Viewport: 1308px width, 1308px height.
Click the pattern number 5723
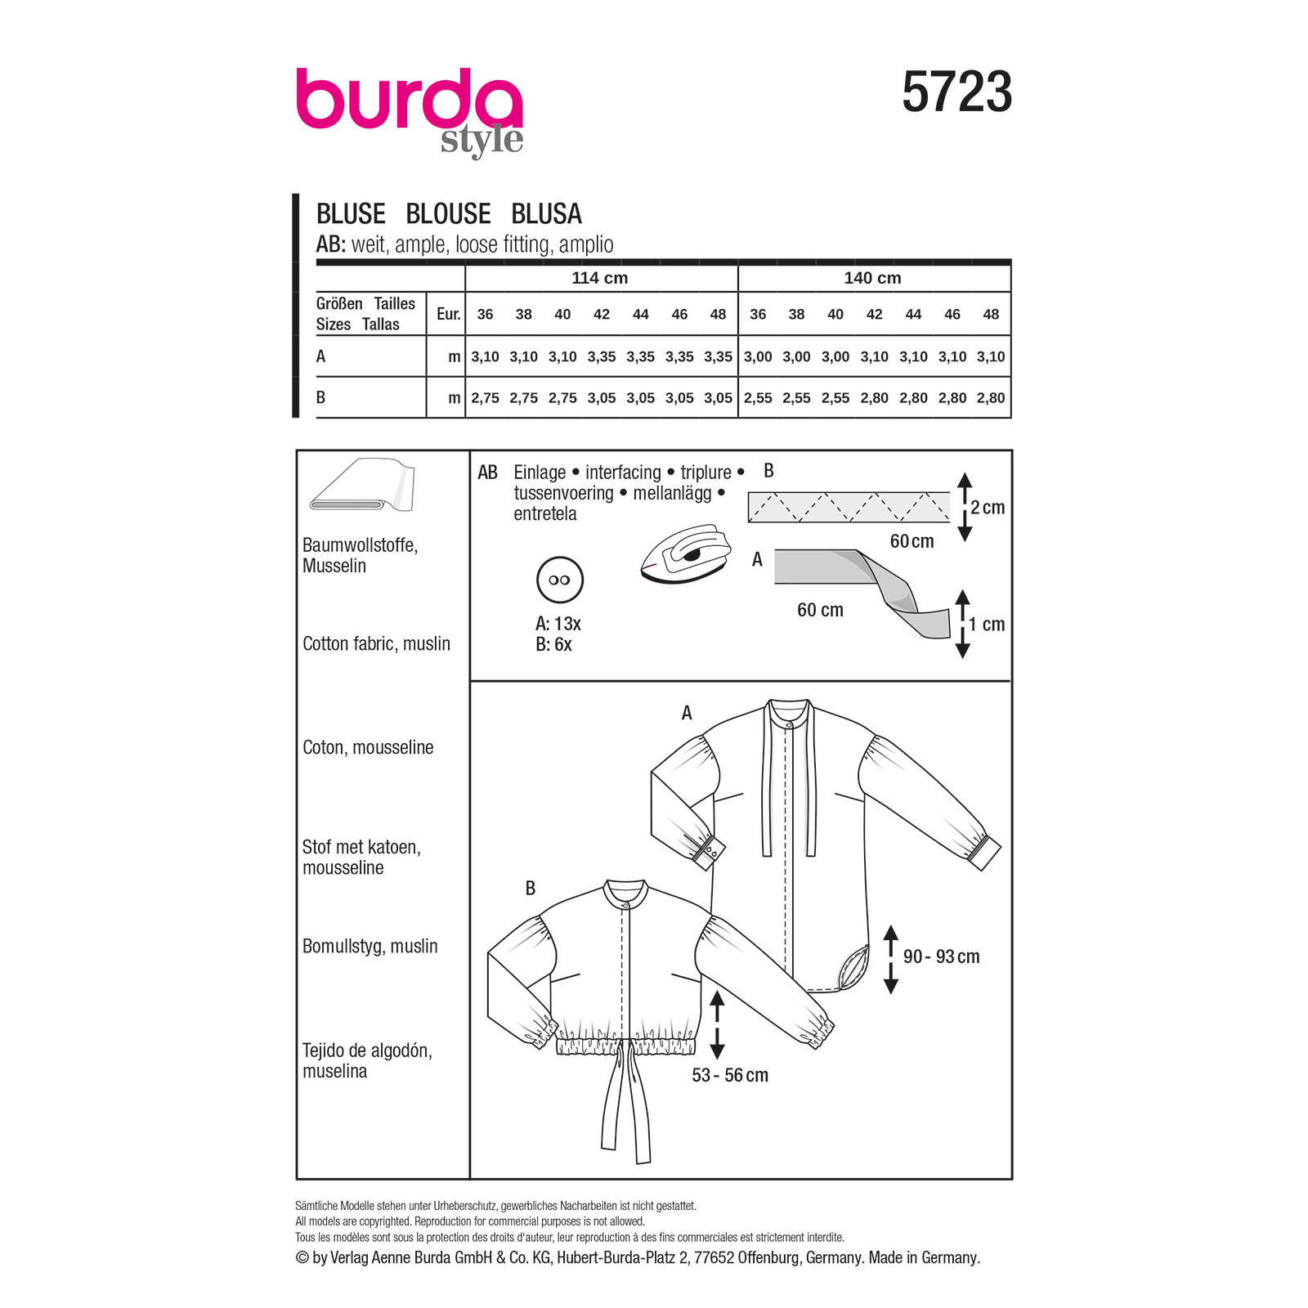point(956,92)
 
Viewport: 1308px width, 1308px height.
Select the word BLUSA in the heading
point(546,214)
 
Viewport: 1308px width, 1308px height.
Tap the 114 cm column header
point(599,278)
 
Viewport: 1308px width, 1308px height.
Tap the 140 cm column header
point(872,278)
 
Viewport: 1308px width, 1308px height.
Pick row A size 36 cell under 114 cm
point(485,356)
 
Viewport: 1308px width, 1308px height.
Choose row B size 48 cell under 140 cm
point(990,398)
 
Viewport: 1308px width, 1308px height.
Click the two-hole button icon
point(560,580)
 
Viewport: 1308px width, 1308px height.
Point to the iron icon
point(685,555)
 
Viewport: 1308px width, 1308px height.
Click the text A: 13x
point(558,624)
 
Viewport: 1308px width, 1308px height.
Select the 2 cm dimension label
point(988,508)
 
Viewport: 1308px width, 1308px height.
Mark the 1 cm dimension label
point(987,625)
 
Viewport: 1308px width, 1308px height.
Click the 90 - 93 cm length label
point(941,956)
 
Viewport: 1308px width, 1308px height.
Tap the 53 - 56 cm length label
point(730,1075)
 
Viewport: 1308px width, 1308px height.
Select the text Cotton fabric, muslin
point(376,643)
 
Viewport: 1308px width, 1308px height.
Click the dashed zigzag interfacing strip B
point(849,507)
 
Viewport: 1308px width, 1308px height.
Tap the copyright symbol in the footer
point(302,1257)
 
